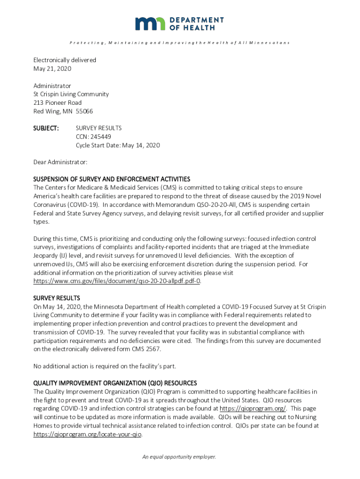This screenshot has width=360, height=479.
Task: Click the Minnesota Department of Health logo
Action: [x=180, y=23]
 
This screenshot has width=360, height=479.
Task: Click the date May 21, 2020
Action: [x=52, y=69]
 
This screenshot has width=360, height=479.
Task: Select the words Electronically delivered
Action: [x=65, y=60]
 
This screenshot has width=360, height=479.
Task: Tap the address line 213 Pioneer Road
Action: [x=57, y=102]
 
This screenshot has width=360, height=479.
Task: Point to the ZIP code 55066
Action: [x=84, y=111]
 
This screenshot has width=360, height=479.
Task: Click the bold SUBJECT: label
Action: [x=46, y=128]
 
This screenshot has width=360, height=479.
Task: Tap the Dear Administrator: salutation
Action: [x=60, y=162]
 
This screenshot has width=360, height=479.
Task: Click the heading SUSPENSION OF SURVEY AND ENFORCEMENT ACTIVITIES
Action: [x=111, y=179]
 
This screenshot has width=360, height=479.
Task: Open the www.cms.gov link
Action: [x=117, y=281]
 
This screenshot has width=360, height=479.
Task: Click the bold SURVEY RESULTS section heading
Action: [x=57, y=298]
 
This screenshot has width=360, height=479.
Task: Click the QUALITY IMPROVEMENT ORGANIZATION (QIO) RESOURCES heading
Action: [x=115, y=383]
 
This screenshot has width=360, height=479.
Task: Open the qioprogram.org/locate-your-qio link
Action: [x=87, y=435]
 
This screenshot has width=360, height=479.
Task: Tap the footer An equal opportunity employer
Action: [x=180, y=457]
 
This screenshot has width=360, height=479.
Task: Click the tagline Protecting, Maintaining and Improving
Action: [x=180, y=43]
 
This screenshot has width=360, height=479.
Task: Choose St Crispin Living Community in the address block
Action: [x=71, y=94]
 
